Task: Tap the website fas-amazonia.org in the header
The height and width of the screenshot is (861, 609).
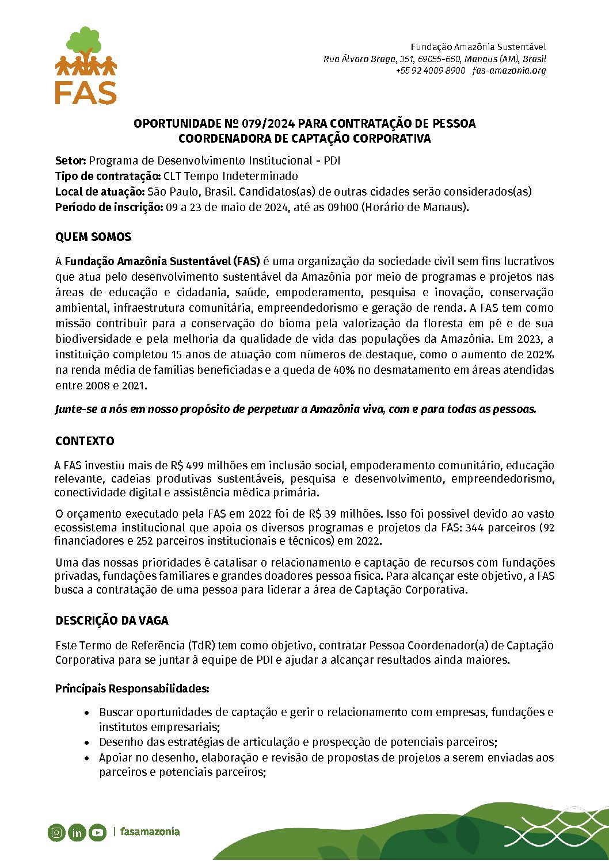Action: [x=509, y=71]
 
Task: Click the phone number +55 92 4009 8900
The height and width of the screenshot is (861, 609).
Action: [x=430, y=71]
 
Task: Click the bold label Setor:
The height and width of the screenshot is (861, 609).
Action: [x=70, y=160]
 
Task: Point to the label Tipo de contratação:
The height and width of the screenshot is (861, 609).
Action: [x=108, y=176]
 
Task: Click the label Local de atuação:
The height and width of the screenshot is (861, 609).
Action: [x=100, y=192]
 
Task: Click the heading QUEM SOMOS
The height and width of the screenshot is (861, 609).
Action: [x=93, y=237]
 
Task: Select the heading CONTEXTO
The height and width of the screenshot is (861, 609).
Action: [x=85, y=441]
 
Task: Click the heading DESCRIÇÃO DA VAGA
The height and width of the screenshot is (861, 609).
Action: [x=112, y=621]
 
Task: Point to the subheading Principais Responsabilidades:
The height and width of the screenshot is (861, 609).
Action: [x=132, y=688]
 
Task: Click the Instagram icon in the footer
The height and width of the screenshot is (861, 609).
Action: [x=56, y=832]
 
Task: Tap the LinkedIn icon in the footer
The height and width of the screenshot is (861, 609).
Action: [x=77, y=832]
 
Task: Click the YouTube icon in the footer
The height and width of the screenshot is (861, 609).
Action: [x=97, y=832]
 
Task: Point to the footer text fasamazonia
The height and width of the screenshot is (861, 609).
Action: [x=150, y=832]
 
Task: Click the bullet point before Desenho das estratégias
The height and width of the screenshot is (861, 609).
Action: [x=87, y=743]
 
